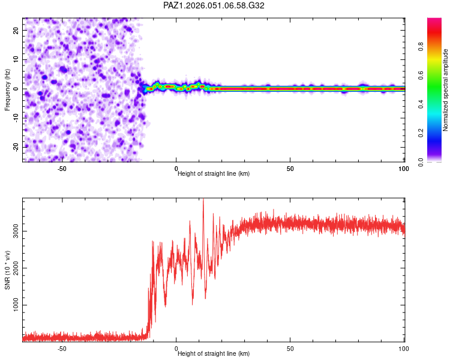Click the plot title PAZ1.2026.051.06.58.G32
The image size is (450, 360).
pos(214,5)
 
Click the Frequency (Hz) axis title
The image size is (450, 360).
pos(7,90)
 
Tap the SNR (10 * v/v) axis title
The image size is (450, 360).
pos(7,270)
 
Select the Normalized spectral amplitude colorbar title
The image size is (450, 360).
pos(446,90)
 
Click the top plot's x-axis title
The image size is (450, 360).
pos(214,173)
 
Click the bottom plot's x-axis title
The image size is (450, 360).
pos(214,353)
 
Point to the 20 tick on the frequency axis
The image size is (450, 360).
pos(16,30)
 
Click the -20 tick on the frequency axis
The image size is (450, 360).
pos(14,147)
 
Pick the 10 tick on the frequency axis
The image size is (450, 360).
pos(16,59)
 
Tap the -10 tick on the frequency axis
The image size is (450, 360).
pos(14,118)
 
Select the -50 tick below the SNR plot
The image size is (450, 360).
pos(62,348)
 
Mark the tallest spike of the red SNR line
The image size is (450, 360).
pos(203,200)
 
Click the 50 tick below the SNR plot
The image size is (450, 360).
pos(290,348)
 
